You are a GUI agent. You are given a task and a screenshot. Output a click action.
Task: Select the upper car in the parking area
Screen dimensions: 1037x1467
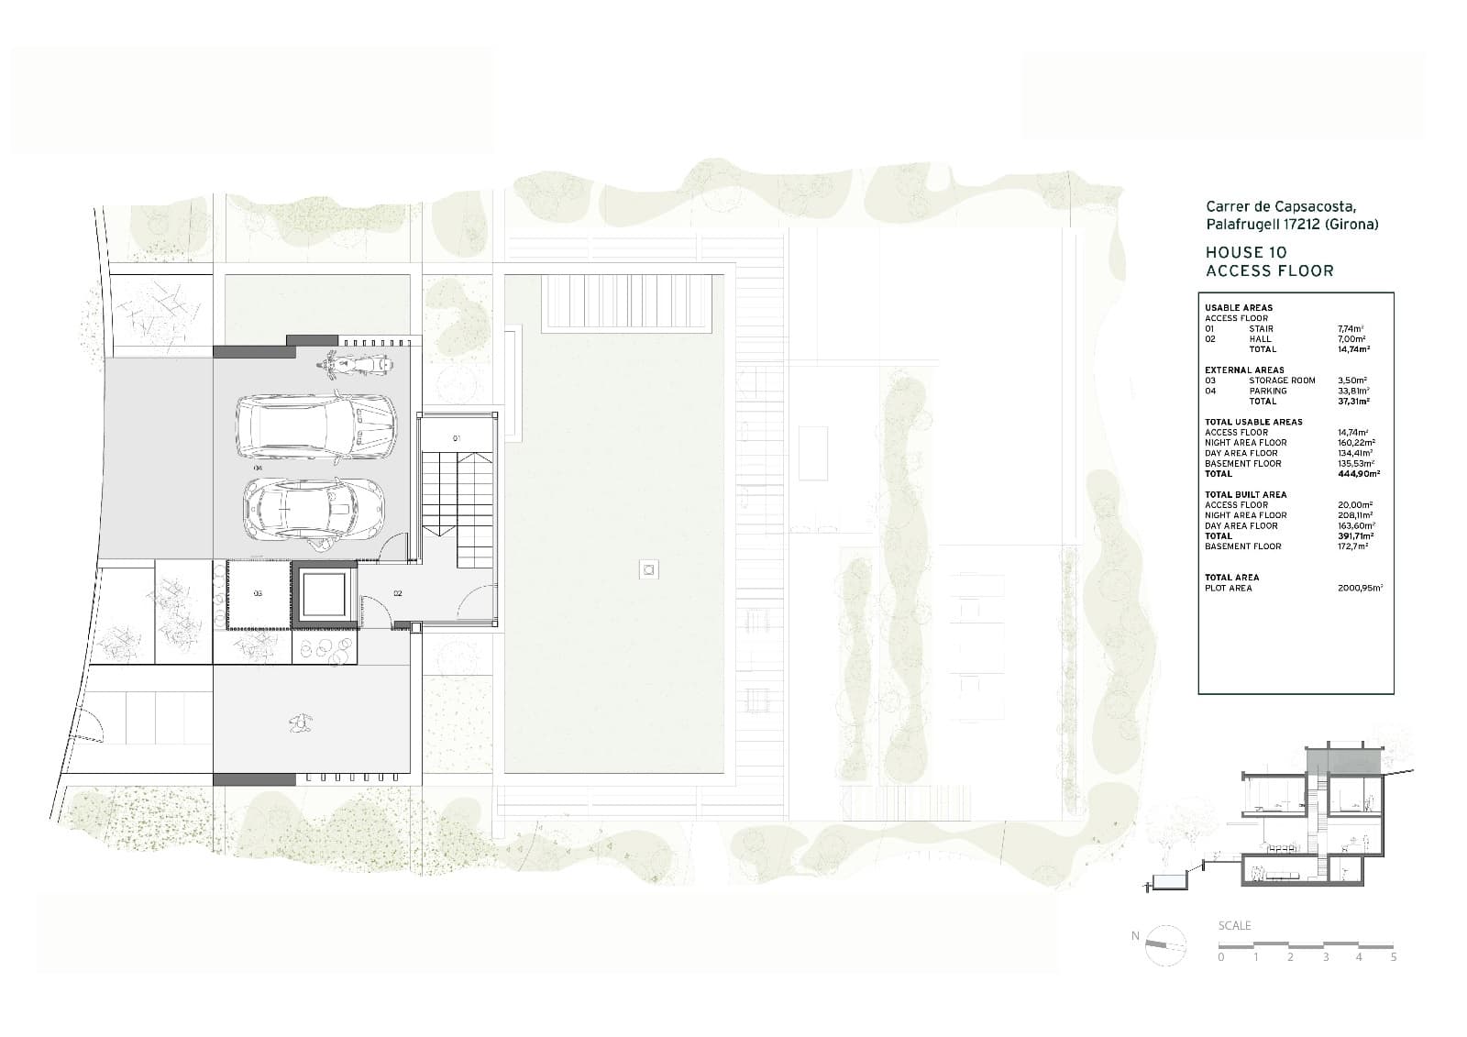[316, 427]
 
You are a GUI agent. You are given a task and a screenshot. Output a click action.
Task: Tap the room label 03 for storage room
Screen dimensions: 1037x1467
[258, 594]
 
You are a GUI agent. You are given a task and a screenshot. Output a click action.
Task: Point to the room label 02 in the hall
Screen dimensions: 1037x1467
[397, 594]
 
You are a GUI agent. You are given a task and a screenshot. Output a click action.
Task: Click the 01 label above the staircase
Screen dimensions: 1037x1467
[456, 439]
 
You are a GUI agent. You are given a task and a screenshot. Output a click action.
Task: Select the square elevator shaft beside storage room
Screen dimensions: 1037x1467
[324, 594]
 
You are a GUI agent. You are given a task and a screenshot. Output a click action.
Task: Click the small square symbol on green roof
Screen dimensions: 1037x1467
[649, 570]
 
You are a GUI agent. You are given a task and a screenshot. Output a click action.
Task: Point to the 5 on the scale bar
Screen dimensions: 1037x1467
[1394, 957]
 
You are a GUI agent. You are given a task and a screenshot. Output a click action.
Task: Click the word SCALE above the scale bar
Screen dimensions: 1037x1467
[1234, 926]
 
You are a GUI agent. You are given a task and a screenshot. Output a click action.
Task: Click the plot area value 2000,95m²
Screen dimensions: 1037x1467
[1361, 588]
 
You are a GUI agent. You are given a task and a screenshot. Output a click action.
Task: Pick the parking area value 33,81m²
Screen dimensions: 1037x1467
[1353, 391]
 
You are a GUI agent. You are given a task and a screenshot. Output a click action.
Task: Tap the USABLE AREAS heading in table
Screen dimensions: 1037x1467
[1238, 308]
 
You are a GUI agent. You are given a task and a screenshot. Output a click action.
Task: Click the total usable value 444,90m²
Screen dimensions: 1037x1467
[1359, 474]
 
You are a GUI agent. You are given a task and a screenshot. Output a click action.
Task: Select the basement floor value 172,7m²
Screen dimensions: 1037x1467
[1353, 546]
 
